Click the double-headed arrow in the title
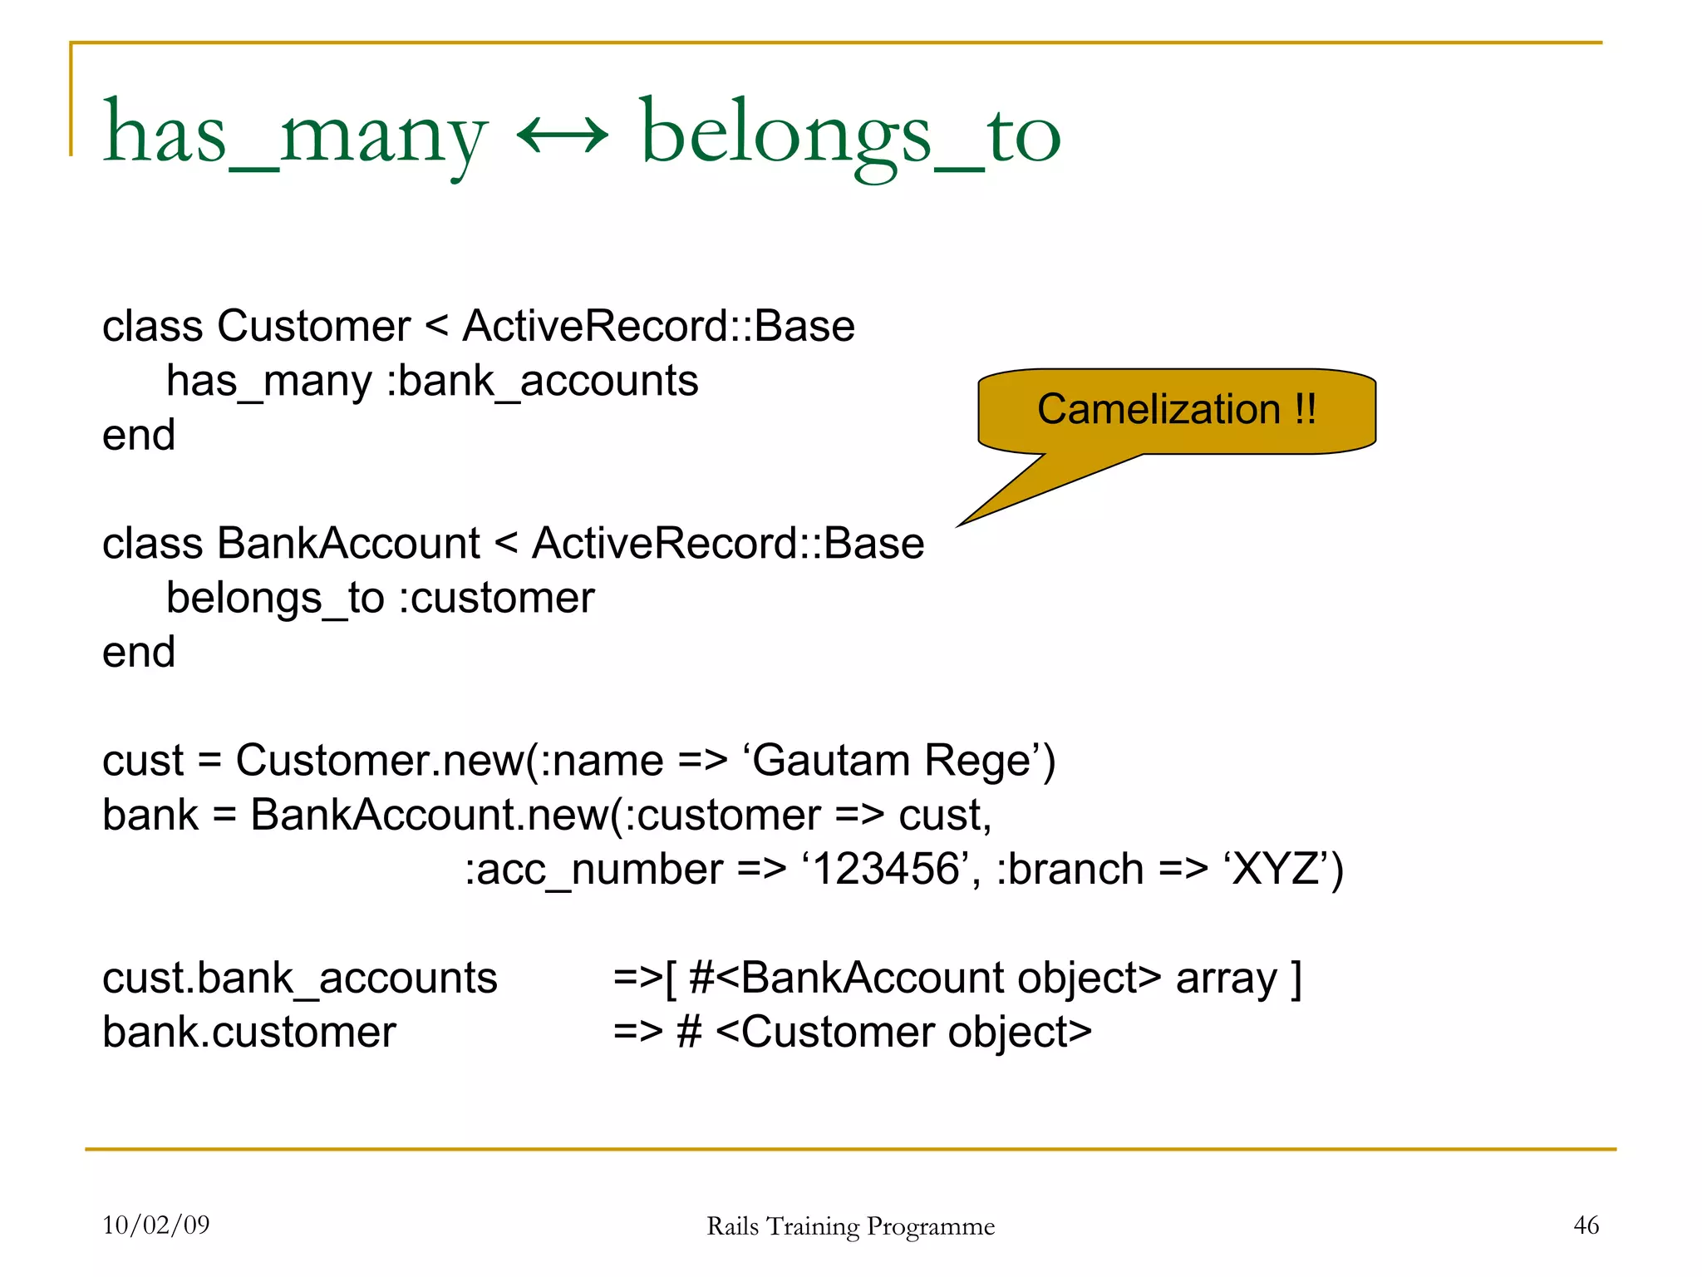563,135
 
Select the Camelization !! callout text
1176,409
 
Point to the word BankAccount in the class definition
348,544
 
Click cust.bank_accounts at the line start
299,978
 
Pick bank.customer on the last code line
248,1033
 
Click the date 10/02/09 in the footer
155,1225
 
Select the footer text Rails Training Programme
850,1226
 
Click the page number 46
1586,1225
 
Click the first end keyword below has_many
139,436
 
